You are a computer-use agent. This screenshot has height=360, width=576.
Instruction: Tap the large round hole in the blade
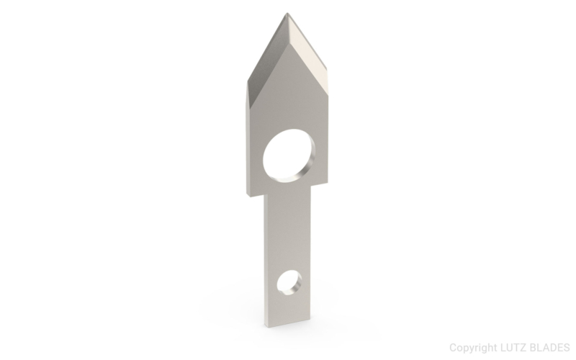click(288, 155)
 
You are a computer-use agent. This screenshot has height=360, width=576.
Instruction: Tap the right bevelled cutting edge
click(310, 45)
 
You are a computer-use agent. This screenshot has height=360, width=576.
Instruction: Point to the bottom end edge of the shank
click(289, 325)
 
